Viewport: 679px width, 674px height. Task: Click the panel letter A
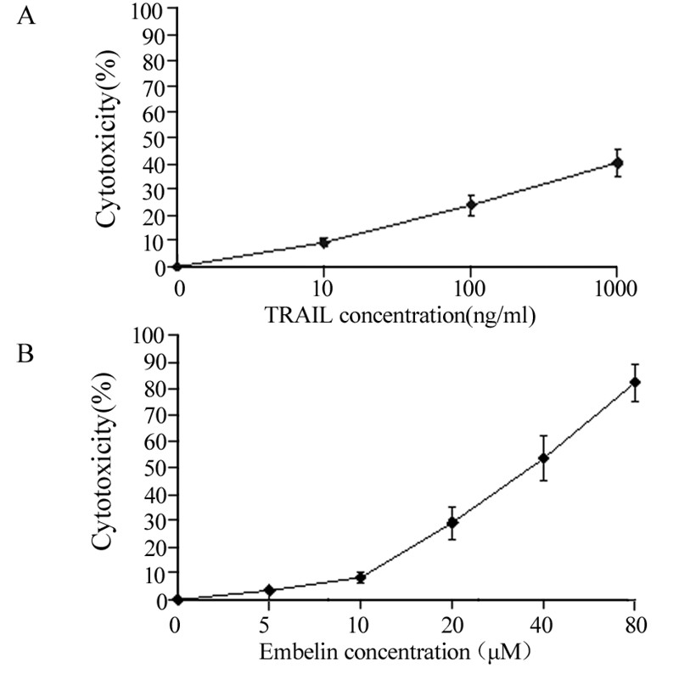click(26, 17)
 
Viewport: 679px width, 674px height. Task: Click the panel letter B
click(26, 351)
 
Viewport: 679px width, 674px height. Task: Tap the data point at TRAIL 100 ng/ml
click(471, 205)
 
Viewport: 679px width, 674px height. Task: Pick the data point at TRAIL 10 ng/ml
click(323, 242)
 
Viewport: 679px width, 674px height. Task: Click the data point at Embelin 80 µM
click(634, 382)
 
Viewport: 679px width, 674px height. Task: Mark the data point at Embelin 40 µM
click(543, 458)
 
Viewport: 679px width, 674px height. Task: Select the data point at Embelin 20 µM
click(452, 523)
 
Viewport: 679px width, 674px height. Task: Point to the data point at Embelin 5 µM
click(269, 589)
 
